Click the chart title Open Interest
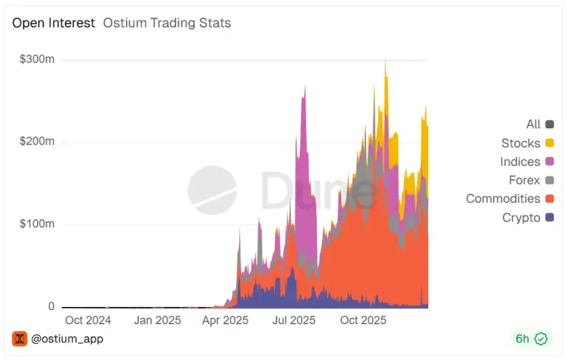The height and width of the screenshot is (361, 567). pyautogui.click(x=53, y=23)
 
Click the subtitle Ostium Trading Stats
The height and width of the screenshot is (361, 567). pyautogui.click(x=167, y=23)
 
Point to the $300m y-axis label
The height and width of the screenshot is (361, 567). pyautogui.click(x=37, y=60)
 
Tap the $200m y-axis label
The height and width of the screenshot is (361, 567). pyautogui.click(x=37, y=142)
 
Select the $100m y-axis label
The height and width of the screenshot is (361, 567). pyautogui.click(x=37, y=224)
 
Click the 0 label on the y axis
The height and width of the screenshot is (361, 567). pyautogui.click(x=51, y=306)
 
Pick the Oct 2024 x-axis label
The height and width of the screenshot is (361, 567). pyautogui.click(x=88, y=320)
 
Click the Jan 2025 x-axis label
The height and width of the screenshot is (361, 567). pyautogui.click(x=157, y=320)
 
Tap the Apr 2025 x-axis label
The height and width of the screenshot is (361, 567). pyautogui.click(x=225, y=320)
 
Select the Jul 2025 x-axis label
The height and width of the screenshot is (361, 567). pyautogui.click(x=294, y=320)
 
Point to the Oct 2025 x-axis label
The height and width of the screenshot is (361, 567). pyautogui.click(x=363, y=320)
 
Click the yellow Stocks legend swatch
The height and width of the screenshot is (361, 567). pyautogui.click(x=549, y=144)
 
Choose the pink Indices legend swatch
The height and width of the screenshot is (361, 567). pyautogui.click(x=549, y=162)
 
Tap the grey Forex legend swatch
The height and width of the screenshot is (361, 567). pyautogui.click(x=549, y=180)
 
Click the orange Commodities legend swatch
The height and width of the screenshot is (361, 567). pyautogui.click(x=549, y=199)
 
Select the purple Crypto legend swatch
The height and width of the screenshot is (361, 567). pyautogui.click(x=549, y=217)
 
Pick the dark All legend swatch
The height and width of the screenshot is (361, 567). pyautogui.click(x=549, y=125)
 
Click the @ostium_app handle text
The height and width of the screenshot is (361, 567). pyautogui.click(x=67, y=339)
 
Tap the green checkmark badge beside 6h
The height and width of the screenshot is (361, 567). pyautogui.click(x=541, y=339)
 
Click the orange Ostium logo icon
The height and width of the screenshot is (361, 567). pyautogui.click(x=19, y=339)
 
